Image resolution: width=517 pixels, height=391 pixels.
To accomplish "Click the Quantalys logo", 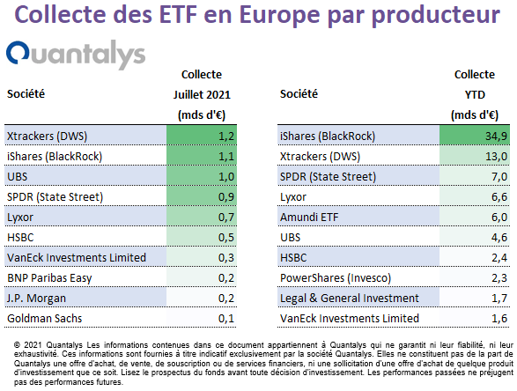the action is [x=76, y=54].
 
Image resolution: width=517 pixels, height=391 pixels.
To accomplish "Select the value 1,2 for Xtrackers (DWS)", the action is [x=226, y=136].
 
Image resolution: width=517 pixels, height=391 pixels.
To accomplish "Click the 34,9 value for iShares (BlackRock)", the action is [x=496, y=136].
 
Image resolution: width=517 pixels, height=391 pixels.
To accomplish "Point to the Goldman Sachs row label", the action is [x=45, y=319].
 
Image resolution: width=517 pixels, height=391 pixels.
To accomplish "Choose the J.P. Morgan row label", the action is [x=37, y=298].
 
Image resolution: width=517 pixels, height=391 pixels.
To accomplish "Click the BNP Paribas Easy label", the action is [x=49, y=278].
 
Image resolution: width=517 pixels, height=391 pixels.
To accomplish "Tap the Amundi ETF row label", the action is [x=309, y=218].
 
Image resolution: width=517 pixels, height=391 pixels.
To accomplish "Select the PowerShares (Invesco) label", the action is [x=336, y=278].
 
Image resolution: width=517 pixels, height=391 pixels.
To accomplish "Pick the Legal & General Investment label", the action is [x=350, y=298].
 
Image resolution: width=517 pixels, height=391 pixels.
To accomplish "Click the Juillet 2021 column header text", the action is [x=202, y=95].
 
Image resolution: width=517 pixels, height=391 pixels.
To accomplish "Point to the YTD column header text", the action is [x=475, y=95].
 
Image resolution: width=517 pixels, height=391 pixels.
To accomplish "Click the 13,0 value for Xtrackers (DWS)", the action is [x=496, y=156].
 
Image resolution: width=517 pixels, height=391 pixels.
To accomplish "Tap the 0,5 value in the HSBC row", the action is [x=226, y=238].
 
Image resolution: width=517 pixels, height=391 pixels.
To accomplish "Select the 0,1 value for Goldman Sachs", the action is [x=226, y=319].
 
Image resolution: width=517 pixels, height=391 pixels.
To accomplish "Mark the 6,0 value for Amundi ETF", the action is [x=499, y=218].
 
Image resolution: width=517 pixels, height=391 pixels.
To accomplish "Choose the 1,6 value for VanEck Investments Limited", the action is [x=499, y=319].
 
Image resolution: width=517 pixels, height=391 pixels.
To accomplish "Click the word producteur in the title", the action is [x=436, y=16].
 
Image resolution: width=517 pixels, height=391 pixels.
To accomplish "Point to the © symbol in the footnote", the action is [x=17, y=345].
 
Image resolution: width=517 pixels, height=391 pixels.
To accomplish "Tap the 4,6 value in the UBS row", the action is [x=499, y=238].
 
